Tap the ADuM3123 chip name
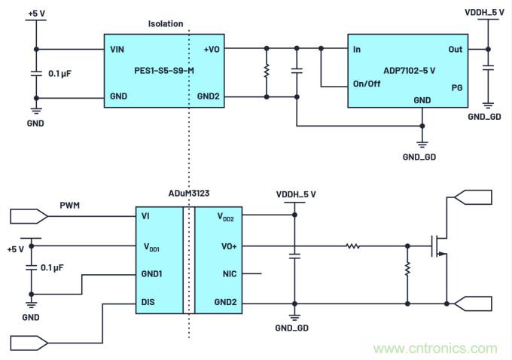coord(190,194)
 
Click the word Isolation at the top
coord(165,24)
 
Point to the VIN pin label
coord(117,49)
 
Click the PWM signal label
coord(69,204)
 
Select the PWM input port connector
coord(29,216)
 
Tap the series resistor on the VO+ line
coord(353,246)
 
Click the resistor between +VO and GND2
coord(266,73)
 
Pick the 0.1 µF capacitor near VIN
coord(35,73)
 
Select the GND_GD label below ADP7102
coord(420,157)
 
